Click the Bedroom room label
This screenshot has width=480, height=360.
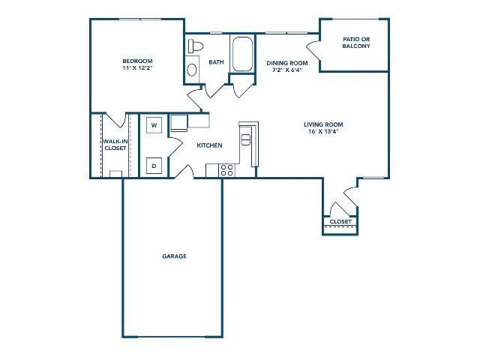point(138,61)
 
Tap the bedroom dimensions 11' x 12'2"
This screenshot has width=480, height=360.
point(138,68)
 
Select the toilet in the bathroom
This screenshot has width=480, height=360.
point(195,46)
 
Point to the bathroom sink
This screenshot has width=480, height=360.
point(191,71)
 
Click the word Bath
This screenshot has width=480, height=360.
point(217,62)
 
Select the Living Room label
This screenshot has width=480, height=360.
point(324,124)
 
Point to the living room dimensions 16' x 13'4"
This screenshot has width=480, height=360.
point(324,133)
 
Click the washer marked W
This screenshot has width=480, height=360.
point(154,124)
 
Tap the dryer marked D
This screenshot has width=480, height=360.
point(154,166)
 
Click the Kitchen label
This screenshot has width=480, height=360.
point(209,145)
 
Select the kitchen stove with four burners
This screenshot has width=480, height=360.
point(226,171)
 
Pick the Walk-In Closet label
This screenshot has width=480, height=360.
point(115,144)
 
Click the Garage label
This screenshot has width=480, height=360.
point(174,256)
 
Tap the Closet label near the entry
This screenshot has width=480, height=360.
point(340,222)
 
